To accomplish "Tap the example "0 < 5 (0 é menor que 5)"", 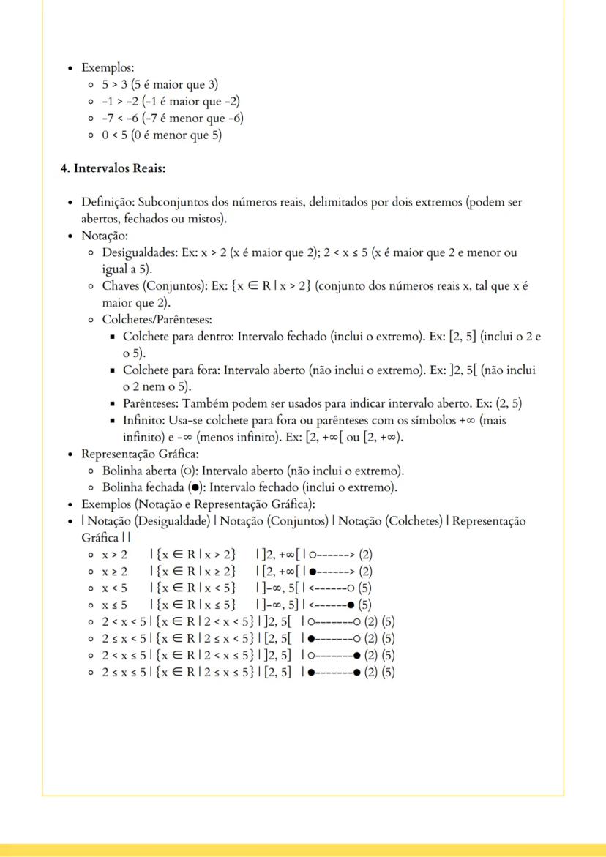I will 162,135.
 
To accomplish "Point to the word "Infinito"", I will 144,421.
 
